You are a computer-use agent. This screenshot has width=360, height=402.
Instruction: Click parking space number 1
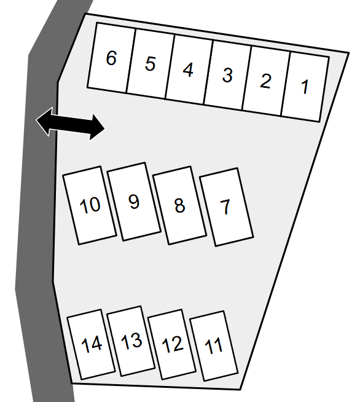[x=305, y=87]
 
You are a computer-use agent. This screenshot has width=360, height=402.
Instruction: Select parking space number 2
[x=266, y=81]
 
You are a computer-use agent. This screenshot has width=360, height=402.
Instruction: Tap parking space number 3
[x=227, y=76]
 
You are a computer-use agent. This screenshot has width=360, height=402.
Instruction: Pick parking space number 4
[x=189, y=69]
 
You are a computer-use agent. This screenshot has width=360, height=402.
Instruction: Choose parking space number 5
[x=151, y=64]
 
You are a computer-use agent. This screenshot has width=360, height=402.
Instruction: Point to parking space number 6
[x=111, y=58]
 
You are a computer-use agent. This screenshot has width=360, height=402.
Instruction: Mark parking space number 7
[x=227, y=207]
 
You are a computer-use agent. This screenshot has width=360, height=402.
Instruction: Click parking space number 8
[x=179, y=205]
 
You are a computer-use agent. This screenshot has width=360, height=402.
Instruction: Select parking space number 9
[x=134, y=202]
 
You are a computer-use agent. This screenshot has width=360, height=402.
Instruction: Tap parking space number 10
[x=90, y=205]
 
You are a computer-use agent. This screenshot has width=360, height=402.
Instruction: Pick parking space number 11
[x=214, y=346]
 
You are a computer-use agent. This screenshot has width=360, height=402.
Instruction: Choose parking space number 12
[x=172, y=344]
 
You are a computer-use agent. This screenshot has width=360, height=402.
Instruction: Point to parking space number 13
[x=131, y=341]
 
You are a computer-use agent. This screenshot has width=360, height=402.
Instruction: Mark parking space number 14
[x=91, y=344]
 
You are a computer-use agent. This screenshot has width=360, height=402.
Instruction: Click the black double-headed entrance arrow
[x=70, y=124]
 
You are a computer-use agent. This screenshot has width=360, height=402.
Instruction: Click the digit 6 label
[x=111, y=58]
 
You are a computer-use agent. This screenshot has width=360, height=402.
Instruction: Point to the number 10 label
[x=90, y=205]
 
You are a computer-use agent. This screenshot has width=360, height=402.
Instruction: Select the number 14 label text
[x=91, y=344]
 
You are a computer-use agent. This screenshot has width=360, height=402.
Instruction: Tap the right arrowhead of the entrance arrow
[x=97, y=128]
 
